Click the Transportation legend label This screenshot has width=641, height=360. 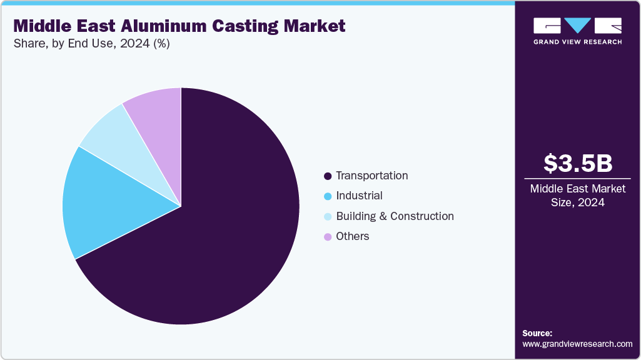(x=371, y=176)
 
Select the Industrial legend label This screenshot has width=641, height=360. (x=359, y=196)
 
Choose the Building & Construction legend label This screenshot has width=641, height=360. (x=395, y=216)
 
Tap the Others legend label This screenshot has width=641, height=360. (x=353, y=236)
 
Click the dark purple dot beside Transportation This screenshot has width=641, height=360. (x=328, y=176)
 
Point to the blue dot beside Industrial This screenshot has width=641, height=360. (x=328, y=196)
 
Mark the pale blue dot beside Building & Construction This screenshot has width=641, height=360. (x=328, y=217)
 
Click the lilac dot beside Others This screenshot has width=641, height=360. (x=328, y=237)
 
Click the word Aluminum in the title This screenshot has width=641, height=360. (x=175, y=26)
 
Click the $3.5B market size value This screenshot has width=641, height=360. (x=577, y=163)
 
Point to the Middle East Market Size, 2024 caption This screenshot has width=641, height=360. (x=577, y=196)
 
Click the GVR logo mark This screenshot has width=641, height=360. (x=577, y=26)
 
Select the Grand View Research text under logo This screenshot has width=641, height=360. (x=577, y=42)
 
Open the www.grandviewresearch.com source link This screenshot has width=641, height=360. (x=577, y=344)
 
